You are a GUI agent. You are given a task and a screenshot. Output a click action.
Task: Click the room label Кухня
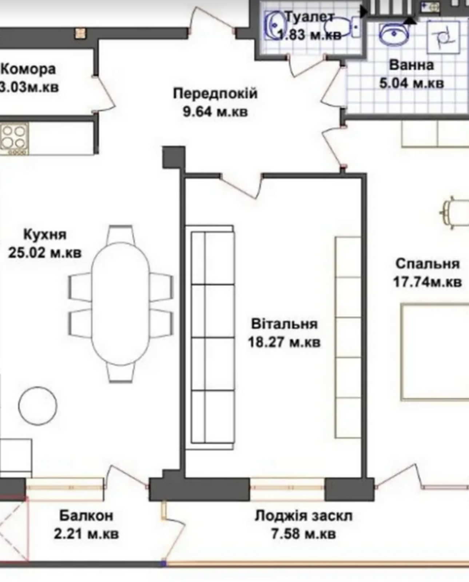click(45, 235)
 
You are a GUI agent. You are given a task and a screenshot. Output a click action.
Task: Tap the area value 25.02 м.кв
click(45, 253)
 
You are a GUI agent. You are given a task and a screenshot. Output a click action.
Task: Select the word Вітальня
click(284, 324)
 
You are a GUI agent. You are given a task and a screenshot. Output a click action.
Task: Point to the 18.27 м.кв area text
click(284, 342)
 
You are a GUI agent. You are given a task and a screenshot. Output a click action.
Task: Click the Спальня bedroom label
click(428, 264)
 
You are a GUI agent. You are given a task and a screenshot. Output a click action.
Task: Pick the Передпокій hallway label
click(215, 93)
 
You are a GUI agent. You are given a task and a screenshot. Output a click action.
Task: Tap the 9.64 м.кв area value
click(215, 111)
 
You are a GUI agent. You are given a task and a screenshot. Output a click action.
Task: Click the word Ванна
click(412, 65)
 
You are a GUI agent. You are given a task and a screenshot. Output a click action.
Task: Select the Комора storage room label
click(28, 69)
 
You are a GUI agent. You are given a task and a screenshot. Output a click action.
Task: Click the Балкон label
click(86, 516)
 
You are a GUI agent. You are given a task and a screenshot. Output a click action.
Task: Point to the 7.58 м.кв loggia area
click(303, 534)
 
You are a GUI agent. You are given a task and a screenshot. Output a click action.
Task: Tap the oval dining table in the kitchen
click(120, 304)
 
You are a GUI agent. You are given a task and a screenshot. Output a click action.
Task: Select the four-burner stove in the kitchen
click(14, 139)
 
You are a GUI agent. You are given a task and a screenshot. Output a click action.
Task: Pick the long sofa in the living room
click(210, 337)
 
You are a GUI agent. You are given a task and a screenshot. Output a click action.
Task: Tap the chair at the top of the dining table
click(120, 234)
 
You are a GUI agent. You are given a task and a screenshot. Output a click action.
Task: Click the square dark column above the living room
click(174, 157)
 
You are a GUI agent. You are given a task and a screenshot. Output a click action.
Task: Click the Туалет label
click(309, 17)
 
